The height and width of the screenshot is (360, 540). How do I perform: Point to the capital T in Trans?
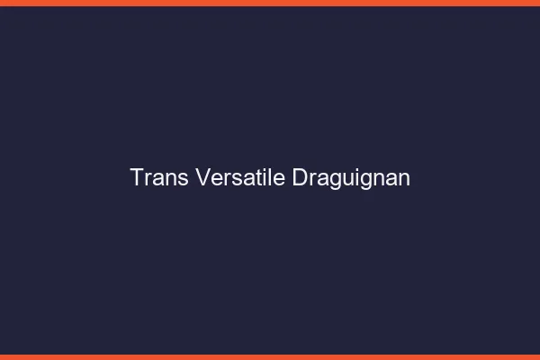tap(137, 177)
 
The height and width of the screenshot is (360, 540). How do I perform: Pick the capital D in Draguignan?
tap(301, 177)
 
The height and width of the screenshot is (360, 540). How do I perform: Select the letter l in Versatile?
tap(272, 177)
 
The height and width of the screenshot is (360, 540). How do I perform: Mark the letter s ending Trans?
tap(183, 179)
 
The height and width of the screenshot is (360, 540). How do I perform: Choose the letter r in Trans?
tap(148, 179)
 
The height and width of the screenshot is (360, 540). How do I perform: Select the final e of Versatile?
tap(281, 179)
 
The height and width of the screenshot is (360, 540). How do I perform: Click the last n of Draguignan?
tap(404, 179)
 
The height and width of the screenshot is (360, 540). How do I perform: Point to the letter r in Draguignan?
tap(313, 179)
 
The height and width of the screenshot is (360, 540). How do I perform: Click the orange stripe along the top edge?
tap(270, 3)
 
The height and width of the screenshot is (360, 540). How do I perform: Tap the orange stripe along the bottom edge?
tap(270, 356)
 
